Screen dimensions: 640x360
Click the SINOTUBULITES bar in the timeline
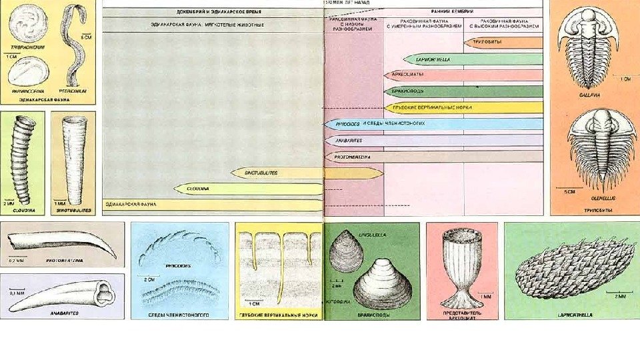[307, 173]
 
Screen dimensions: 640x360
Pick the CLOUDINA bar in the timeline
[247, 189]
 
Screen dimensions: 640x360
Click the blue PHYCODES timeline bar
[433, 124]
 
